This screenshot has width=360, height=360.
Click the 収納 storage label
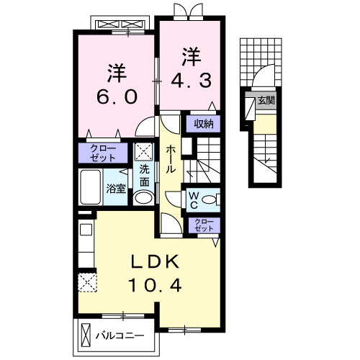click(203, 122)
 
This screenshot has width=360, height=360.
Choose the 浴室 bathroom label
click(116, 189)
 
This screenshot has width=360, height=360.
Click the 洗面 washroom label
click(144, 177)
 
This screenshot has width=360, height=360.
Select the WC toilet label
click(194, 199)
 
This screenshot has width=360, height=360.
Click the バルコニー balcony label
click(120, 336)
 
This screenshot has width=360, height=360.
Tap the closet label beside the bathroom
click(102, 153)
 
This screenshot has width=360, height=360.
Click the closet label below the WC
click(204, 223)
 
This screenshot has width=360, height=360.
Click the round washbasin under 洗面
click(144, 199)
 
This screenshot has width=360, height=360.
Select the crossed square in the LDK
click(86, 282)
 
